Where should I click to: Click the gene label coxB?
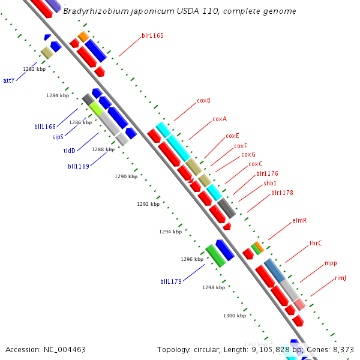[203, 100]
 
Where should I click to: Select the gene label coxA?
[220, 119]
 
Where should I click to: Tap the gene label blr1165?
[152, 35]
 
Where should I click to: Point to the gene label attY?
[8, 80]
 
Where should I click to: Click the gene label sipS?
[58, 137]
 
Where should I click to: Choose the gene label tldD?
[70, 151]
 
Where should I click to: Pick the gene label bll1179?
[170, 281]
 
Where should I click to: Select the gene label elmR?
[299, 220]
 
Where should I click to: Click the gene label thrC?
[316, 243]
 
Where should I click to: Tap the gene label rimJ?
[340, 278]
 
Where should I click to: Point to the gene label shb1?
[270, 183]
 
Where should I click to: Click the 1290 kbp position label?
[125, 176]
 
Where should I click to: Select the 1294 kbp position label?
[170, 232]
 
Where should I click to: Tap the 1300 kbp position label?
[235, 315]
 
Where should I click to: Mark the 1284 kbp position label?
[58, 95]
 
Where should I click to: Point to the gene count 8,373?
[344, 349]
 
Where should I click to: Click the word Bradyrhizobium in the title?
[98, 11]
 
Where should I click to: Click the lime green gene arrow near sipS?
[97, 109]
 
